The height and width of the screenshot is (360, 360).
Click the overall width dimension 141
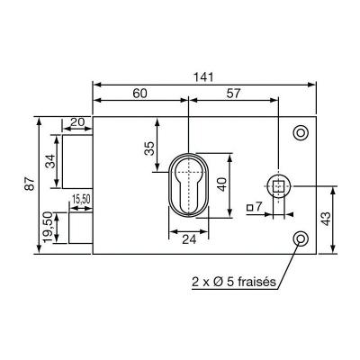pos(204,77)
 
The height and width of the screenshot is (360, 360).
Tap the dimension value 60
pos(139,94)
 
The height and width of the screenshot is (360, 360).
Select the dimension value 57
pos(233,94)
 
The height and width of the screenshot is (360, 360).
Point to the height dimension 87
pos(30,184)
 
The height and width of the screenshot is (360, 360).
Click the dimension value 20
pos(76,122)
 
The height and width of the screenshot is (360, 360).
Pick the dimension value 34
pos(49,161)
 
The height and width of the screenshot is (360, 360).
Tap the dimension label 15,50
pos(81,199)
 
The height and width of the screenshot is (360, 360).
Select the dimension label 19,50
pos(48,227)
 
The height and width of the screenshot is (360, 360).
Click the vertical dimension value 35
pos(149,148)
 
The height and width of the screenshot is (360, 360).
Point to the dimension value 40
pos(222,184)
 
